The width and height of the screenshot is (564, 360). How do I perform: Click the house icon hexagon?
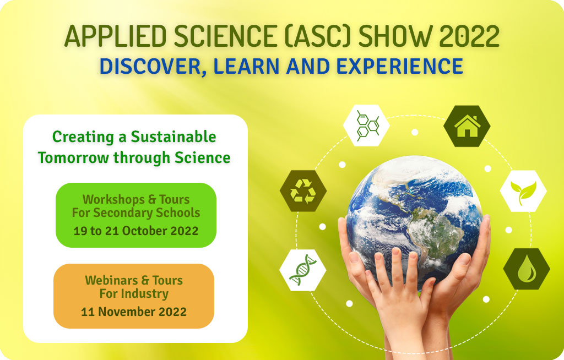(x=467, y=126)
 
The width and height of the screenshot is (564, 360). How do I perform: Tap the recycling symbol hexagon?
(x=303, y=191)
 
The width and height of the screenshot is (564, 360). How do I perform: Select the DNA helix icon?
(x=302, y=270)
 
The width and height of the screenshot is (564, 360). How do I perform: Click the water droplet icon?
(x=527, y=269)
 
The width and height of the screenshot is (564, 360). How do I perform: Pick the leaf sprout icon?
(x=523, y=192)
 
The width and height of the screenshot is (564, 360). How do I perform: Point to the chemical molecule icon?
(x=367, y=126)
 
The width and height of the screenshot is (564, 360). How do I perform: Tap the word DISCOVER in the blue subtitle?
(x=150, y=67)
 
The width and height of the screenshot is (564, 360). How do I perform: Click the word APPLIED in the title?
(x=116, y=36)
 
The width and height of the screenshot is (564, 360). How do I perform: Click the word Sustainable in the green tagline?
(x=173, y=137)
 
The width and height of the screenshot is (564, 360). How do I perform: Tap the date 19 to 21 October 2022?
(x=136, y=231)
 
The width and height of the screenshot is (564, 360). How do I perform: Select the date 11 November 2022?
(x=134, y=312)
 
